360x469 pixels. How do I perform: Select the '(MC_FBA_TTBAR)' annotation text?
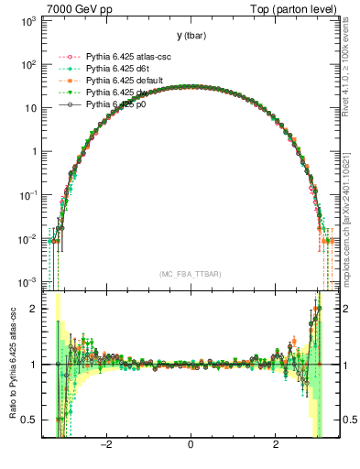coord(191,274)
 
